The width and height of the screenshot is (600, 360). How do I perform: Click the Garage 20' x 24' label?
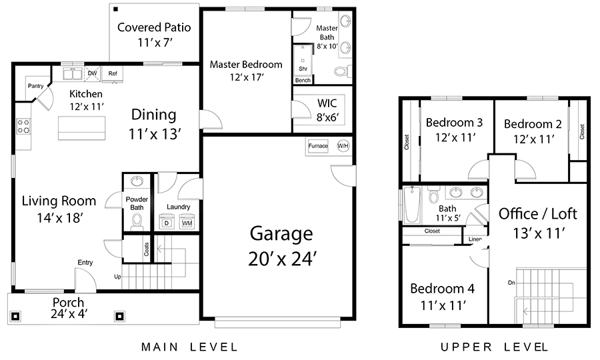click(281, 246)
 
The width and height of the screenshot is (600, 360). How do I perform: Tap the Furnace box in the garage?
click(318, 146)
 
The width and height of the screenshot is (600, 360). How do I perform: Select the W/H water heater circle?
click(343, 146)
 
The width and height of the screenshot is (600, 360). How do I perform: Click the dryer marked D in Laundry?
click(167, 222)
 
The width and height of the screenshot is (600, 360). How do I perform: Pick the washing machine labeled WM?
click(187, 222)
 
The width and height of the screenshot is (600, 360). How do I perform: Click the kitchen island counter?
click(81, 128)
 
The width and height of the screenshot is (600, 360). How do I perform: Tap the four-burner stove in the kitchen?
click(24, 127)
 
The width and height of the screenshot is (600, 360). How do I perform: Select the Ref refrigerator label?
click(113, 73)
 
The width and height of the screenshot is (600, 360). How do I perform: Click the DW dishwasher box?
click(92, 74)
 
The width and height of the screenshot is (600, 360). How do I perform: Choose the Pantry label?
click(35, 86)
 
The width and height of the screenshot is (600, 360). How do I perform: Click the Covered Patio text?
click(154, 27)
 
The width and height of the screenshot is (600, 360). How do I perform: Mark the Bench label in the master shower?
click(303, 81)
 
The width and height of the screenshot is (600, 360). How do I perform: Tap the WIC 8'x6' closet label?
click(327, 110)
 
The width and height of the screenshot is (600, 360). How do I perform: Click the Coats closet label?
click(147, 249)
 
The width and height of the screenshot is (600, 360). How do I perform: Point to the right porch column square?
click(119, 316)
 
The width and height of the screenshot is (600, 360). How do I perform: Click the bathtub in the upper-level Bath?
click(412, 205)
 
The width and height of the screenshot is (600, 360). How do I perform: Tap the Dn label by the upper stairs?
click(511, 283)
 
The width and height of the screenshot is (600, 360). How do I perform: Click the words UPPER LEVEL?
click(495, 347)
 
